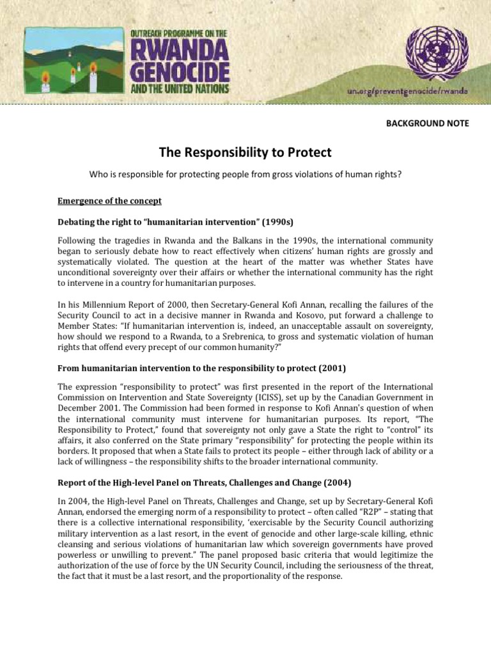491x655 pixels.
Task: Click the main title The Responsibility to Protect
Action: click(245, 152)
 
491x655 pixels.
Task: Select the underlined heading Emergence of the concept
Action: click(109, 201)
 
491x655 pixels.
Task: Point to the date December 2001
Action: click(90, 409)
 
